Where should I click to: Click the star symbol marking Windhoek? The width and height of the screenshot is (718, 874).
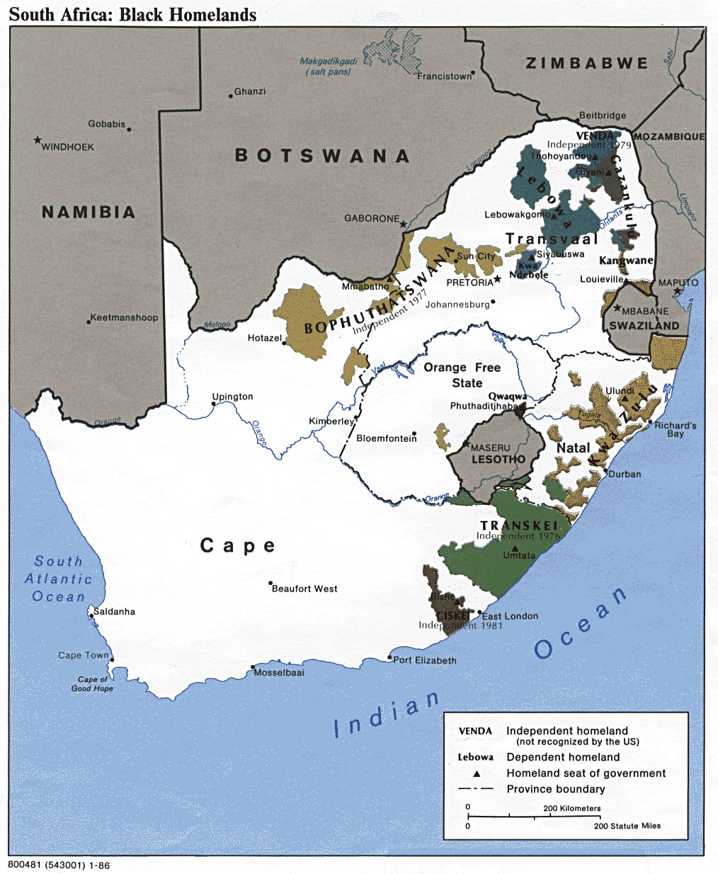(x=38, y=140)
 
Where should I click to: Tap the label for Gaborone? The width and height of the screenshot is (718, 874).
(x=372, y=218)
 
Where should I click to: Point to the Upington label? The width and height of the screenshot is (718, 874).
(x=232, y=397)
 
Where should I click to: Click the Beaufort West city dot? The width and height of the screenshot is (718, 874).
(x=270, y=584)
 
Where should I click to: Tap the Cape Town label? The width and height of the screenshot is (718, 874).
(x=83, y=655)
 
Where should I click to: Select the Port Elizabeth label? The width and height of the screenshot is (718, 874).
(x=425, y=660)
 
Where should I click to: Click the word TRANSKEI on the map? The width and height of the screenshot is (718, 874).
(x=519, y=526)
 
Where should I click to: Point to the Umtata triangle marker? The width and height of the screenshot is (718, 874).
(x=515, y=548)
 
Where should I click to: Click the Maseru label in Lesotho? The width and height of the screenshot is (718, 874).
(x=490, y=448)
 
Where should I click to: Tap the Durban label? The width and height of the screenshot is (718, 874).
(x=625, y=474)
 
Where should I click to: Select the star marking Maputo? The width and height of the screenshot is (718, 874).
(x=677, y=291)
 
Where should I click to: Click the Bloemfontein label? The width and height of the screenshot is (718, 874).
(x=386, y=438)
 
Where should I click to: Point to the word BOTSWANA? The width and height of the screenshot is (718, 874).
(x=322, y=156)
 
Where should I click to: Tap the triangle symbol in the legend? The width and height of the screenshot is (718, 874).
(x=477, y=773)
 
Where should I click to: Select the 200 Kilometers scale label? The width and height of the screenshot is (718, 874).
(x=571, y=808)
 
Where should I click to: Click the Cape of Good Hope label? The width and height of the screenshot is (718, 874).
(x=92, y=683)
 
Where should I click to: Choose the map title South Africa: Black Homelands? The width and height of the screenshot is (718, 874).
(x=132, y=14)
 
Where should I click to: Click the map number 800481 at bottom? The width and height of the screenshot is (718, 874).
(x=59, y=866)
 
